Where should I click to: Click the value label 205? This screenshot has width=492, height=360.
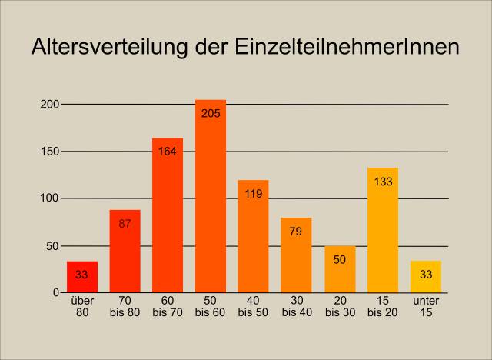pyautogui.click(x=211, y=114)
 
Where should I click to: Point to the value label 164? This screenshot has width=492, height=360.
pyautogui.click(x=168, y=152)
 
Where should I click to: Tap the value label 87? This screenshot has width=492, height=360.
pyautogui.click(x=125, y=224)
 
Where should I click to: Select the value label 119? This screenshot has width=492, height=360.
pyautogui.click(x=254, y=194)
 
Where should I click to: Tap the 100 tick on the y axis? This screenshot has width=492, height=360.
pyautogui.click(x=50, y=198)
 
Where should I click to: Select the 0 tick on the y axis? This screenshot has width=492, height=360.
pyautogui.click(x=56, y=293)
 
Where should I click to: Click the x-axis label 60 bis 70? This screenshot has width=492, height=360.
pyautogui.click(x=168, y=307)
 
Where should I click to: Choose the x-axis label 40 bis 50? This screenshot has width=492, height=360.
pyautogui.click(x=254, y=307)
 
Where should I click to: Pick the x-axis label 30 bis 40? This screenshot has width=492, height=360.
pyautogui.click(x=296, y=307)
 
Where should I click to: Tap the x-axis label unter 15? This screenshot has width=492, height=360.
pyautogui.click(x=426, y=307)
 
